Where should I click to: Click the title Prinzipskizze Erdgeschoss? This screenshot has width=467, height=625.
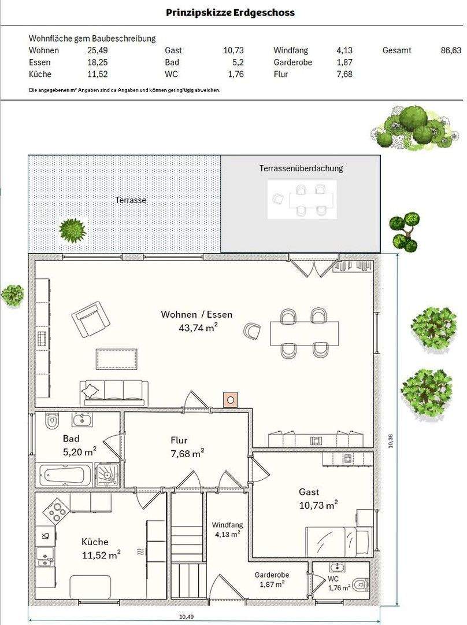(x=230, y=12)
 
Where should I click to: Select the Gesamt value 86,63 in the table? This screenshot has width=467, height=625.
(x=451, y=50)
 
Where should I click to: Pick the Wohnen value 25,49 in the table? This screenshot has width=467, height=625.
(x=98, y=50)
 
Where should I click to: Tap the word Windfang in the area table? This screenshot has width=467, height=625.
(x=291, y=50)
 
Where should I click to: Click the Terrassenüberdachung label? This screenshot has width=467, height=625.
(x=301, y=168)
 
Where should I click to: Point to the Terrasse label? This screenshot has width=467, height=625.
(x=131, y=200)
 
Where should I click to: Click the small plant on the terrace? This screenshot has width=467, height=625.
(x=72, y=230)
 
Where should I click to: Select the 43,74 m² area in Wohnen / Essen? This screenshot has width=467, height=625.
(x=198, y=328)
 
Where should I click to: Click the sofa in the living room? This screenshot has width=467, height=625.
(x=114, y=393)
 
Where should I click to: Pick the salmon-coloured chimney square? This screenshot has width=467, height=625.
(x=230, y=399)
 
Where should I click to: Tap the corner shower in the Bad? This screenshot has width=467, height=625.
(x=107, y=475)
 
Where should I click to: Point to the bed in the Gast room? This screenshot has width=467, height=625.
(x=339, y=541)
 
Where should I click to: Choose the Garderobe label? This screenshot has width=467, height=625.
(x=272, y=575)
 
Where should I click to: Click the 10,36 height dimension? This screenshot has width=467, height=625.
(x=391, y=440)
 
